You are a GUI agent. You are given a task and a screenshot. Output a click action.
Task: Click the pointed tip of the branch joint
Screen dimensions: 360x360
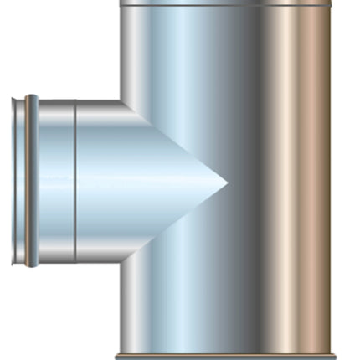point(227,182)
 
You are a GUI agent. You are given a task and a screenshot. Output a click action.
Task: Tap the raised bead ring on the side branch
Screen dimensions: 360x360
point(31,181)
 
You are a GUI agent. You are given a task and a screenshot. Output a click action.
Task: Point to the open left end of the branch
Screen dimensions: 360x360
point(15,181)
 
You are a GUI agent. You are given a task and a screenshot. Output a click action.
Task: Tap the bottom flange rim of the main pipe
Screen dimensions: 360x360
point(226,356)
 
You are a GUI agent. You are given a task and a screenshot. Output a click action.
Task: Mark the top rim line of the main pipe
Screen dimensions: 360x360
point(226,5)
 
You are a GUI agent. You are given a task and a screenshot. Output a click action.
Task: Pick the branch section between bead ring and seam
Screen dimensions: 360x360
point(54,181)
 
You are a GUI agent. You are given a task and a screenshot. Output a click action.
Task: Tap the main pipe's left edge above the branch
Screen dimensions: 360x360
point(121,50)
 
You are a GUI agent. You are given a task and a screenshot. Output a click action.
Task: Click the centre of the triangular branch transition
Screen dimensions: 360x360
point(159,181)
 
